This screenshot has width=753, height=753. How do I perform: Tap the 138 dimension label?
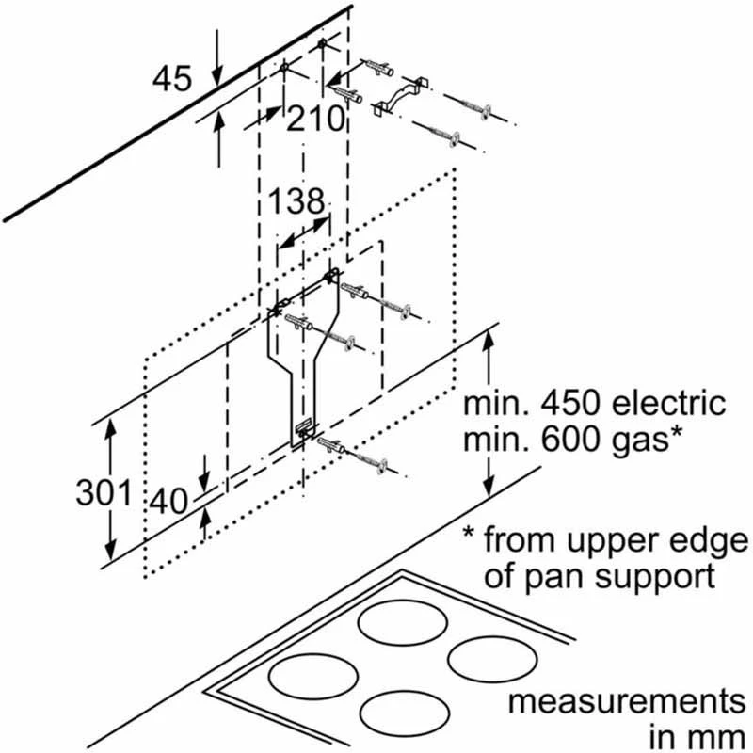(296, 200)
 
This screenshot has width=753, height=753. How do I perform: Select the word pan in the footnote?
(552, 576)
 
